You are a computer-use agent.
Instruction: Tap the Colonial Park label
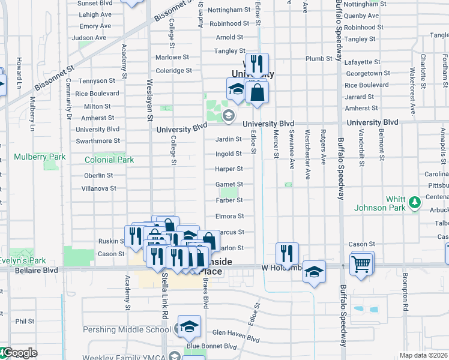point(109,160)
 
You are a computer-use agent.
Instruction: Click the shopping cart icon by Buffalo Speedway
point(361,265)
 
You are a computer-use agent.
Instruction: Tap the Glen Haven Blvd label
point(235,332)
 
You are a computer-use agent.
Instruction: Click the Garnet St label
point(229,184)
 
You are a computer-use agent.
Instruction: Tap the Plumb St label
point(319,59)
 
